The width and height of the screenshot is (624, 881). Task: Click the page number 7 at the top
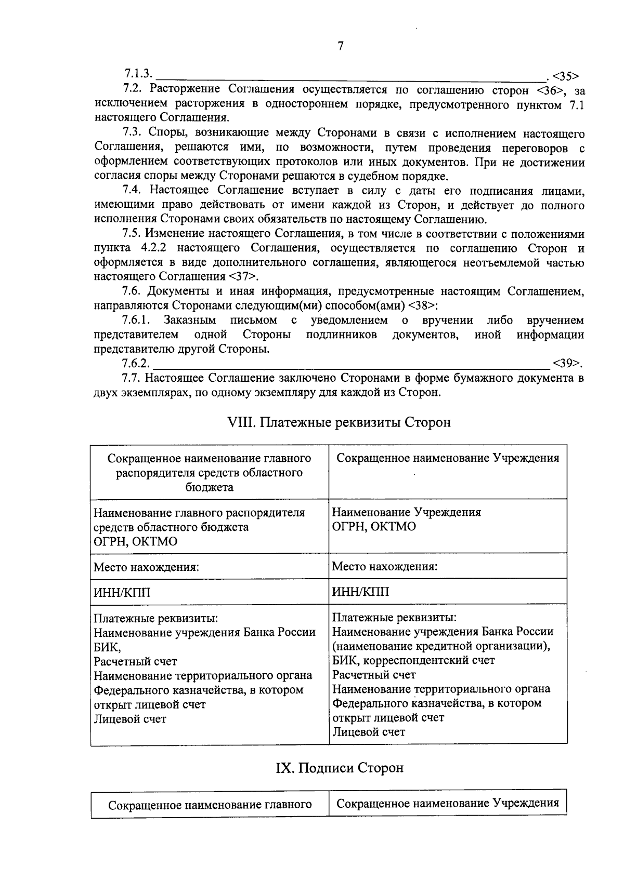[x=341, y=46]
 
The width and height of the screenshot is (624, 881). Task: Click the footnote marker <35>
[x=565, y=76]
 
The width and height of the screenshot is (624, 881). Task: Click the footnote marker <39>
[x=566, y=363]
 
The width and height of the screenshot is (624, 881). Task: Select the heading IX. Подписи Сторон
[x=339, y=768]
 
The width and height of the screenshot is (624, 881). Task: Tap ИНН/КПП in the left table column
[x=122, y=593]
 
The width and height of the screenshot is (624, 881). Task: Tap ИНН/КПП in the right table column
[x=360, y=592]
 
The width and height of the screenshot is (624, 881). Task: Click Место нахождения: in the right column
[x=384, y=566]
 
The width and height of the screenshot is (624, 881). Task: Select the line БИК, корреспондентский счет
[x=413, y=660]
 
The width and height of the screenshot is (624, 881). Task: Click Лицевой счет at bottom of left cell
[x=130, y=719]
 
